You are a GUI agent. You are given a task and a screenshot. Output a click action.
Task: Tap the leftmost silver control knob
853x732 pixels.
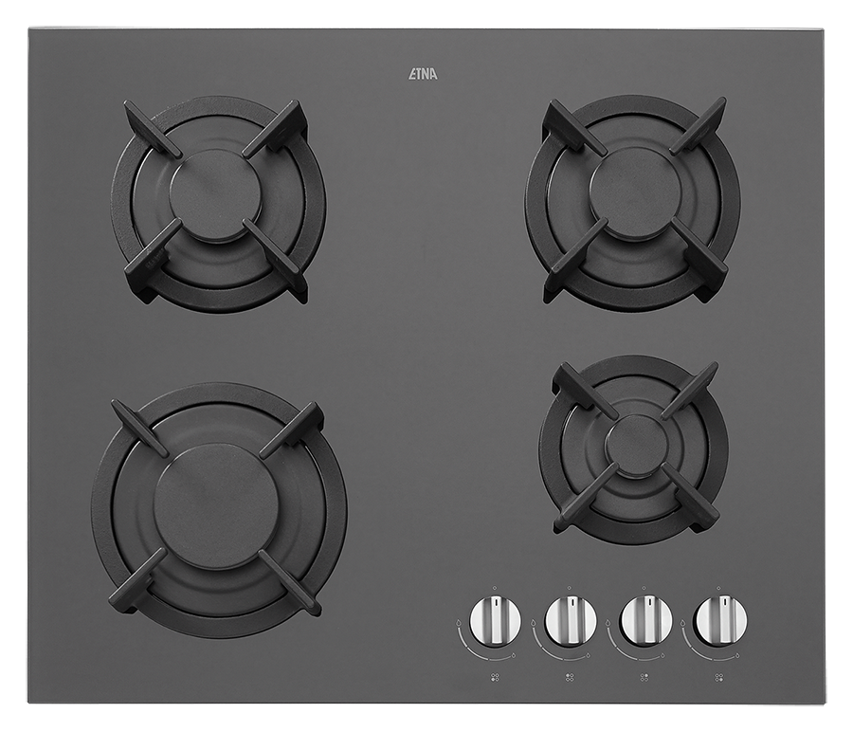point(496,620)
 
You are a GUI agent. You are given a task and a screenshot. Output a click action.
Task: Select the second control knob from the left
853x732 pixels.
point(572,620)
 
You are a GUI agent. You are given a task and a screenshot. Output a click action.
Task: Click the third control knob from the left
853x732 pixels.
point(646,620)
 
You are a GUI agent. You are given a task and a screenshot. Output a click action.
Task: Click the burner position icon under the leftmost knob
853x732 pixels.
point(495,678)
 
